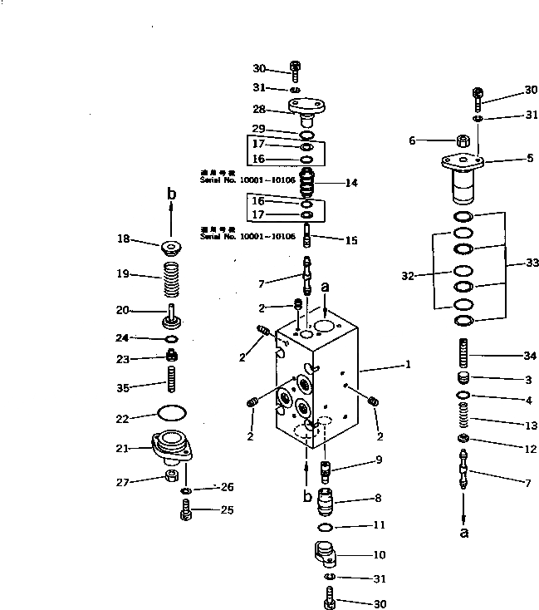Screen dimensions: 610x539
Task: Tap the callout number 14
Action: pos(351,183)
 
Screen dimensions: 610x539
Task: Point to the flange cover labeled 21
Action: pos(172,449)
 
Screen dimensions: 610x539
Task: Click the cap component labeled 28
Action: pos(306,109)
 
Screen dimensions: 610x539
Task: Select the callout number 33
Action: pos(532,263)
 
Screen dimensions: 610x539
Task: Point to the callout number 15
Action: pos(351,240)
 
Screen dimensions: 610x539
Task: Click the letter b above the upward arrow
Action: pos(172,194)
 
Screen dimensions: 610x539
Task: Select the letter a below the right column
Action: pos(464,531)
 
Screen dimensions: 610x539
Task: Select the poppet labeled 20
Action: pos(173,317)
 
